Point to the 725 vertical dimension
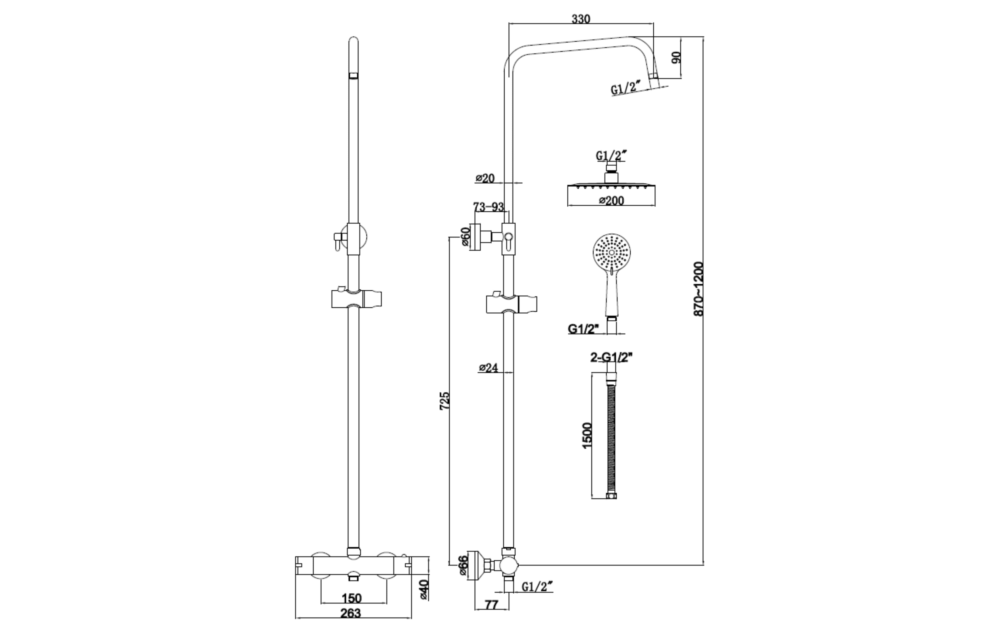pyautogui.click(x=445, y=400)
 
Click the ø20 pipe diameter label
pyautogui.click(x=485, y=178)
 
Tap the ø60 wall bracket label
pyautogui.click(x=466, y=237)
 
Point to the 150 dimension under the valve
pyautogui.click(x=351, y=598)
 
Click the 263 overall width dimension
pyautogui.click(x=351, y=613)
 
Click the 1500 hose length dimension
pyautogui.click(x=587, y=436)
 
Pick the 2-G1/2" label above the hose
pyautogui.click(x=611, y=357)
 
